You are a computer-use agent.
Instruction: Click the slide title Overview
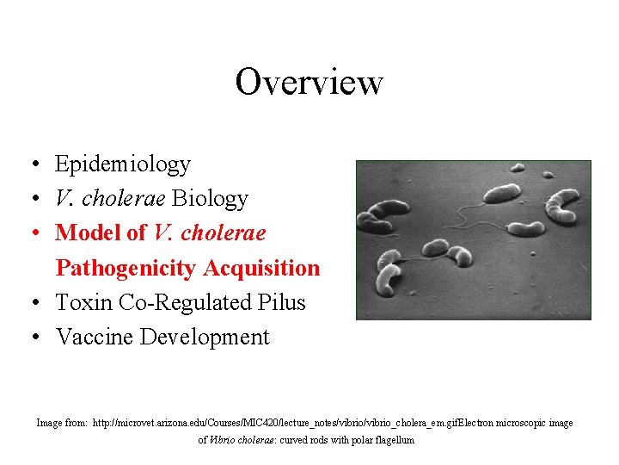click(309, 83)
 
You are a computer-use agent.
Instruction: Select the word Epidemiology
click(123, 164)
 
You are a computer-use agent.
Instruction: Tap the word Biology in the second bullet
click(210, 199)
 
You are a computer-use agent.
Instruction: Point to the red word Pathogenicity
click(126, 269)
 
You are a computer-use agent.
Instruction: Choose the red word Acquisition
click(261, 269)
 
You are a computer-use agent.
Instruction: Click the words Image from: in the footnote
click(61, 423)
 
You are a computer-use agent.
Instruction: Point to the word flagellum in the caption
click(392, 440)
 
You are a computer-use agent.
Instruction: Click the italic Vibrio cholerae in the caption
click(240, 440)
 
